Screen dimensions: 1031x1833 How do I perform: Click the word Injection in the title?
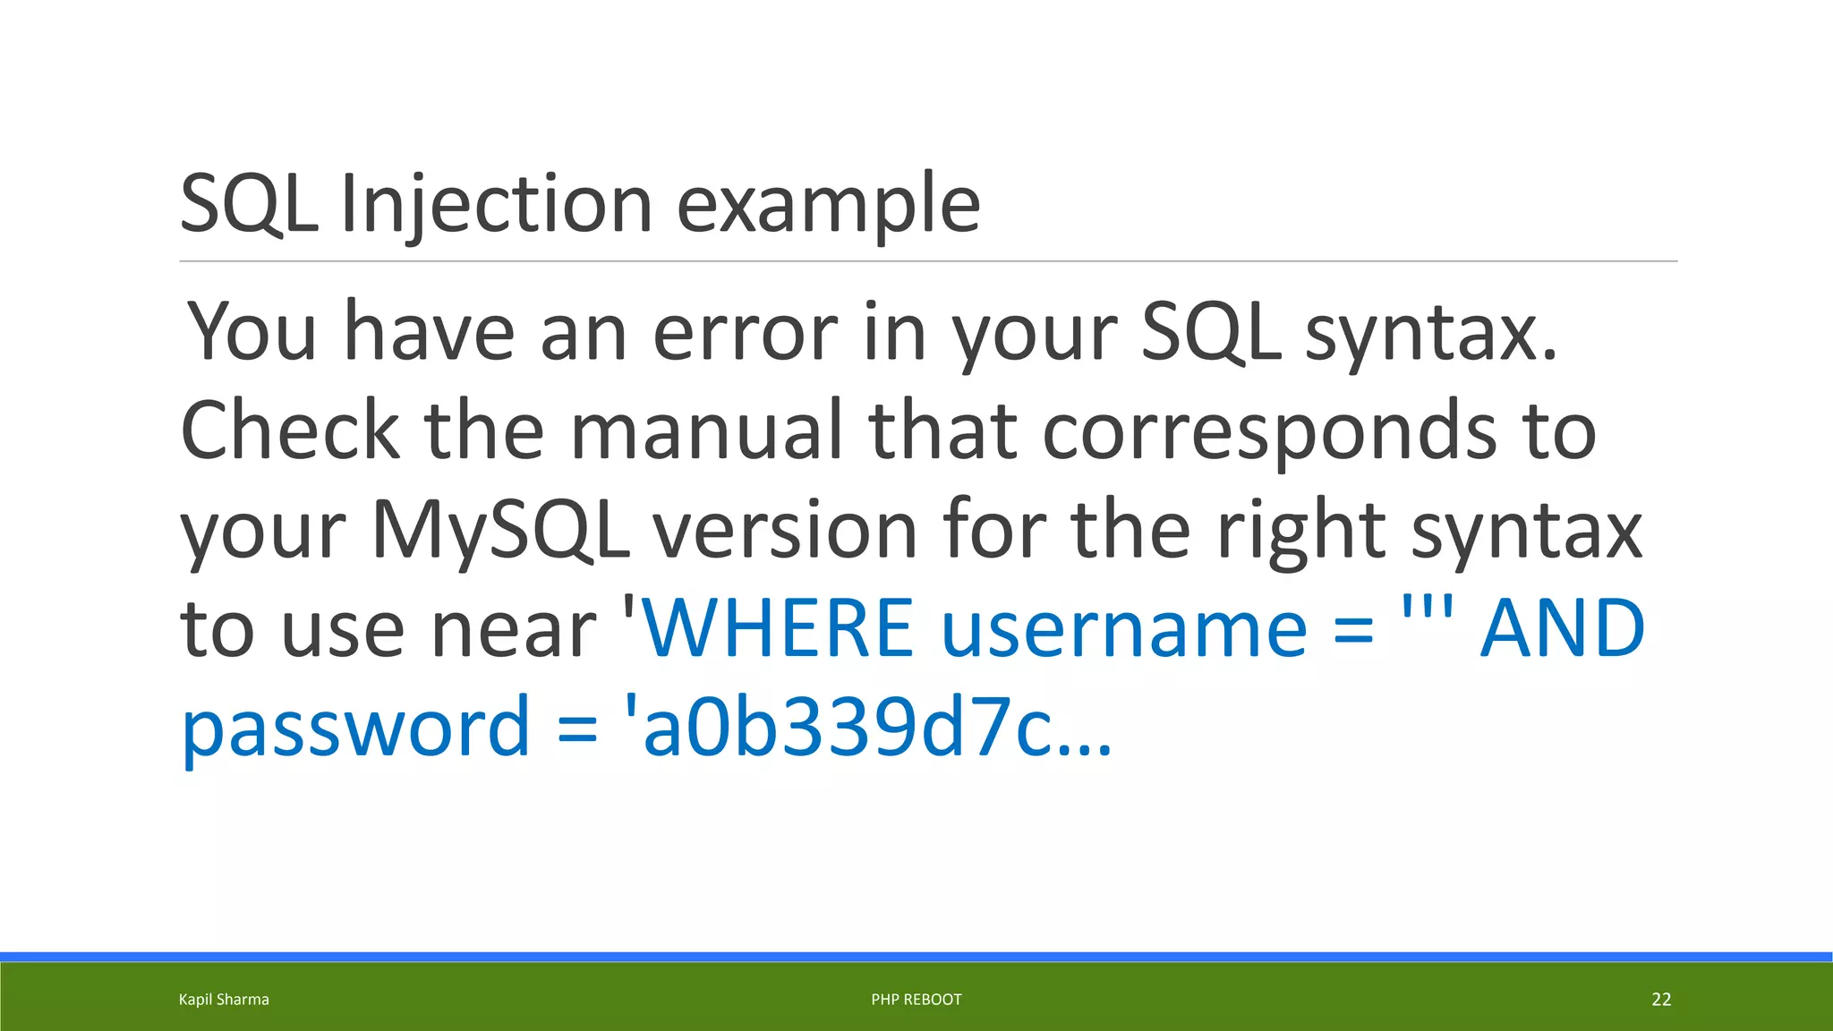pyautogui.click(x=497, y=204)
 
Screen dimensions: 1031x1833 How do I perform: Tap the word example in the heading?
pyautogui.click(x=828, y=206)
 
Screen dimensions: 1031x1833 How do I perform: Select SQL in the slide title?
pyautogui.click(x=249, y=204)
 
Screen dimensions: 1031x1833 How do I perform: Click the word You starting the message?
pyautogui.click(x=252, y=332)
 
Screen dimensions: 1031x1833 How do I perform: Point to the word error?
pyautogui.click(x=746, y=334)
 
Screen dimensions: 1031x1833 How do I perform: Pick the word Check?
pyautogui.click(x=289, y=430)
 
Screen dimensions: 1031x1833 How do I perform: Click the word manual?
pyautogui.click(x=707, y=430)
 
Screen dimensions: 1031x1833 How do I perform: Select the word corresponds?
pyautogui.click(x=1269, y=432)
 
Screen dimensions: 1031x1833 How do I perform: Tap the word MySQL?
pyautogui.click(x=499, y=531)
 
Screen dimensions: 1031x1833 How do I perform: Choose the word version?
pyautogui.click(x=785, y=530)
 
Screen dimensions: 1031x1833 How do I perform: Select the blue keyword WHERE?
pyautogui.click(x=778, y=627)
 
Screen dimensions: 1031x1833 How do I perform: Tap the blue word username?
pyautogui.click(x=1124, y=629)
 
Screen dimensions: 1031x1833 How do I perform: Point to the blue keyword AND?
pyautogui.click(x=1562, y=627)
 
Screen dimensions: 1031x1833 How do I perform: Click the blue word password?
pyautogui.click(x=356, y=728)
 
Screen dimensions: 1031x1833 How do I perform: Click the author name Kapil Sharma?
pyautogui.click(x=224, y=1000)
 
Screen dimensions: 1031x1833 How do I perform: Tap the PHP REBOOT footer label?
pyautogui.click(x=916, y=1000)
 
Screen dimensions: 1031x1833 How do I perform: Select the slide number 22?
pyautogui.click(x=1661, y=1000)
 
